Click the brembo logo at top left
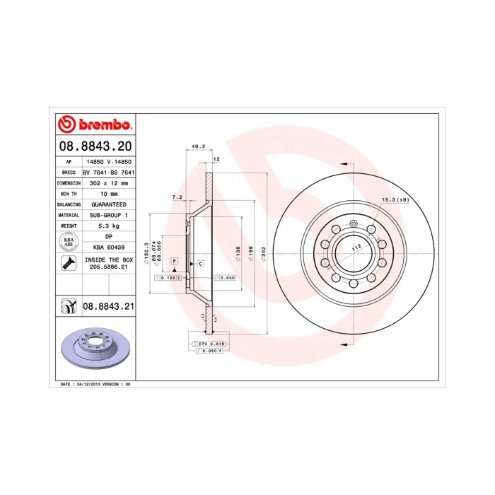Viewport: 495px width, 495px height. click(x=94, y=124)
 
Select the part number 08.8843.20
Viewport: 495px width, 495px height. click(x=94, y=147)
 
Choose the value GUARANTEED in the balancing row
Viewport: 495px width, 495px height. click(x=110, y=204)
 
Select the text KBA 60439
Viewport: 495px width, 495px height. click(x=110, y=248)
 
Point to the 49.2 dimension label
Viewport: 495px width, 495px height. click(x=198, y=147)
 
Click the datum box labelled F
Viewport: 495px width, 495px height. click(x=173, y=262)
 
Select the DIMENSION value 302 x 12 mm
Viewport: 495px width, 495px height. click(x=110, y=182)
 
